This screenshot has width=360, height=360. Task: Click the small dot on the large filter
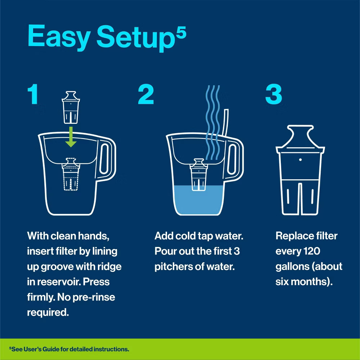[300, 159]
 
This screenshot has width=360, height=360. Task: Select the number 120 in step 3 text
[309, 251]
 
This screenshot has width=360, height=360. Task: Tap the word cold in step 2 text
[187, 236]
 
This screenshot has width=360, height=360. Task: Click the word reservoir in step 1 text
[57, 282]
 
